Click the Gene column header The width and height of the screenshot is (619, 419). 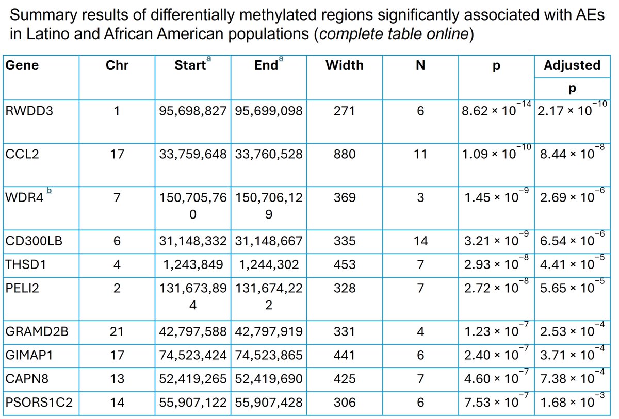coord(22,65)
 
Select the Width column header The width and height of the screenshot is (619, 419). coord(344,65)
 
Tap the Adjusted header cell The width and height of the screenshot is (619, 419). coord(572,65)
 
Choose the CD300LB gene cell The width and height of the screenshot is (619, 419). coord(34,241)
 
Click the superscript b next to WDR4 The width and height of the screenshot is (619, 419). coord(49,191)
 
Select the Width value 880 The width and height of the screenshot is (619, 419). coord(344,154)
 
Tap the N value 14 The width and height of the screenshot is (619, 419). coord(420,241)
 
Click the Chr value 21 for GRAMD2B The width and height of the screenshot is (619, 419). coord(117,331)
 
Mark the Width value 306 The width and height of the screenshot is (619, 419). coord(344,402)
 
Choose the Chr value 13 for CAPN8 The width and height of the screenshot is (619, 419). coord(117,379)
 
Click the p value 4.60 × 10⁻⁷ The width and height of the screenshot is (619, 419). coord(495,379)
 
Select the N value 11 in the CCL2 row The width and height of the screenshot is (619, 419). coord(420,154)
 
